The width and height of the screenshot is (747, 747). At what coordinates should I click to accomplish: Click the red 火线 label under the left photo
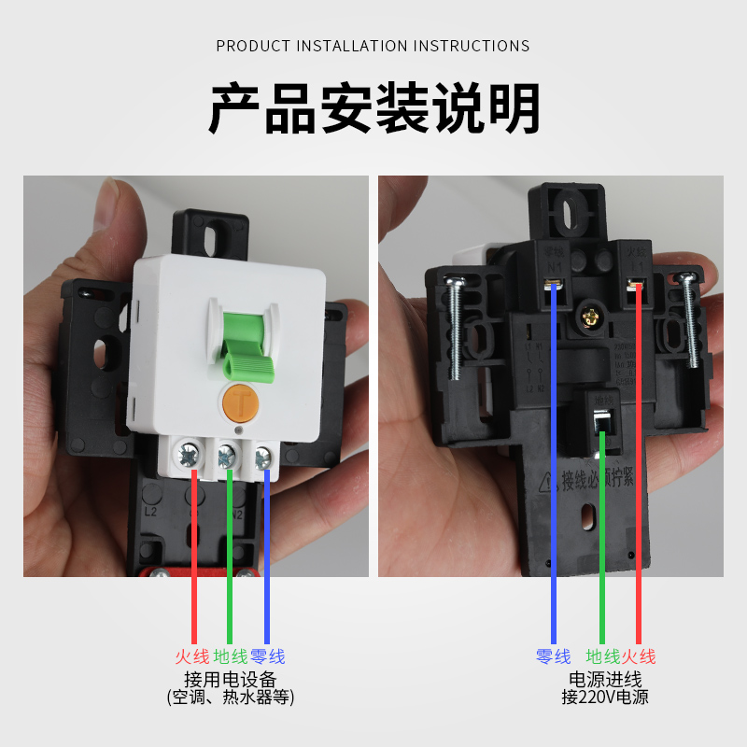[192, 657]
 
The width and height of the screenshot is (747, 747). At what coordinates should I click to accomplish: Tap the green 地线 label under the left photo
[230, 657]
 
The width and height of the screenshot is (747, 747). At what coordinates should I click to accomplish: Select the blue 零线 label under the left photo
[268, 657]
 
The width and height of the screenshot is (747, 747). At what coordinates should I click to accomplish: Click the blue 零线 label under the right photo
[554, 657]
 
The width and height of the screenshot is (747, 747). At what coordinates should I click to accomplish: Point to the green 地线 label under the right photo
[602, 657]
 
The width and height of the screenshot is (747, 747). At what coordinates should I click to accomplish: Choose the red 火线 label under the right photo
[639, 657]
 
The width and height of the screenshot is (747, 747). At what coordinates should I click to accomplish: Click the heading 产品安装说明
[373, 109]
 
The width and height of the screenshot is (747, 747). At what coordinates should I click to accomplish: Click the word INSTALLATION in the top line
[354, 46]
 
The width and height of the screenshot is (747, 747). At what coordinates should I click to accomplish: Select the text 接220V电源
[605, 697]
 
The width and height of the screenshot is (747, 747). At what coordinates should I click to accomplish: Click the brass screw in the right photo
[590, 317]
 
